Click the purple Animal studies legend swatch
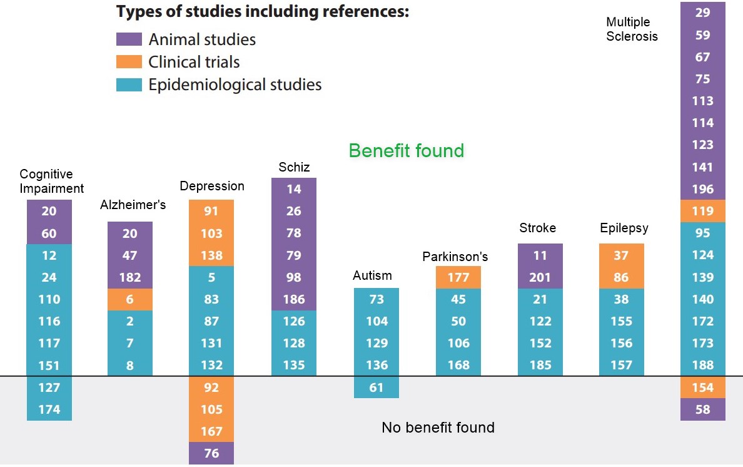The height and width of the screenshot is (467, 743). point(129,39)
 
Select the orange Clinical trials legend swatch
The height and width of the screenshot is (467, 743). point(129,62)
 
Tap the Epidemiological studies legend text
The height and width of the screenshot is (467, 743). point(235,85)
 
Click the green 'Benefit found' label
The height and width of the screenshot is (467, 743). point(407,151)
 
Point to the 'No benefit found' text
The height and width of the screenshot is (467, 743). point(438,428)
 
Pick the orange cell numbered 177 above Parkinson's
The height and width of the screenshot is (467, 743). point(458,277)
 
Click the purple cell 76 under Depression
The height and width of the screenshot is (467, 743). point(211,453)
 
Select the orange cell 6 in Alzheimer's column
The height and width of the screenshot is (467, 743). point(130,299)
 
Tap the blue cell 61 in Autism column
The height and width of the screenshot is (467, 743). point(377,387)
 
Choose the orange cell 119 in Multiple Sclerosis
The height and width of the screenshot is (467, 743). point(703,211)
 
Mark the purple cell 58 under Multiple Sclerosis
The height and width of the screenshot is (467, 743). point(703,409)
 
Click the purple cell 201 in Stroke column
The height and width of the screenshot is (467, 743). point(540,277)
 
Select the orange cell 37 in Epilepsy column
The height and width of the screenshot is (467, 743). point(621,255)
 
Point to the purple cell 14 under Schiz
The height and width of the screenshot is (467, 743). point(294,189)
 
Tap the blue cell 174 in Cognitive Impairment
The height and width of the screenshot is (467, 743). point(49,409)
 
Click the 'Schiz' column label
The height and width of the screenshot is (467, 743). point(294,167)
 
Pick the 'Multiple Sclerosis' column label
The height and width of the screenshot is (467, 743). point(632,29)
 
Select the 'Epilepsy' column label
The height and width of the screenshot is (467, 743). point(624,228)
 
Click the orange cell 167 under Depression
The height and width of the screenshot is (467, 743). point(211,431)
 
